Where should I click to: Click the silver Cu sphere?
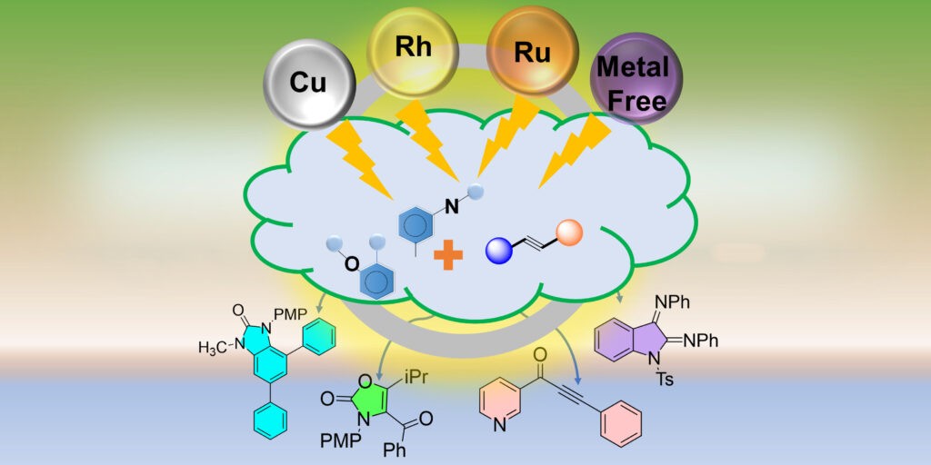(308, 81)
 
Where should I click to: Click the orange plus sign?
(447, 255)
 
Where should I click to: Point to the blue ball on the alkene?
(500, 251)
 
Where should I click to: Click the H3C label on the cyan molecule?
(215, 345)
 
